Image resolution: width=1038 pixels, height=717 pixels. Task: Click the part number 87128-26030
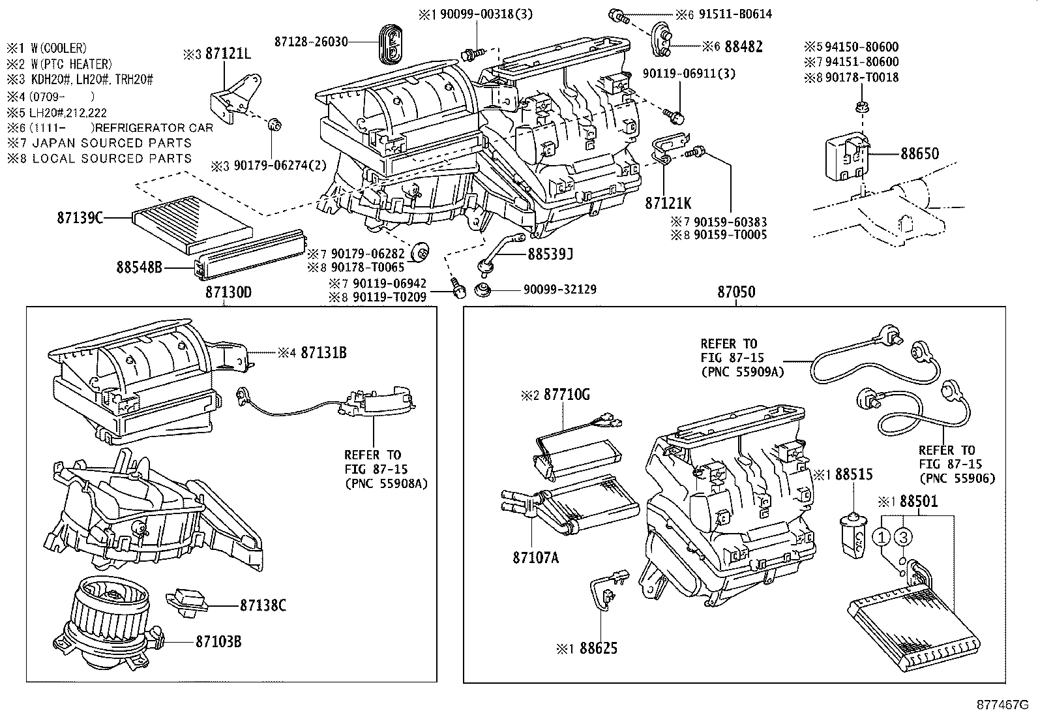coord(311,42)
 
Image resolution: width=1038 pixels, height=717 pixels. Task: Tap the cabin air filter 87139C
coord(192,225)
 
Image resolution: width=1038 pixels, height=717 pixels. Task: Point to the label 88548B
coord(139,267)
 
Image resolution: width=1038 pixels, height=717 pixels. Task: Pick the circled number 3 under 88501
coord(902,537)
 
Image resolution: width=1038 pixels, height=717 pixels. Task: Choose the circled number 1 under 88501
coord(882,537)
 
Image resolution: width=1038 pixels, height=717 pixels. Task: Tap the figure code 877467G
coord(1003,705)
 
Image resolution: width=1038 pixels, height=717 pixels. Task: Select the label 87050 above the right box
coord(736,292)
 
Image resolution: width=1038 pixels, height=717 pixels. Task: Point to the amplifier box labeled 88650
coord(848,159)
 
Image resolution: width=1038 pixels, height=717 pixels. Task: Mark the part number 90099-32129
coord(560,290)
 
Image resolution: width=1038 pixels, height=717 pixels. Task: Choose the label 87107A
coord(536,557)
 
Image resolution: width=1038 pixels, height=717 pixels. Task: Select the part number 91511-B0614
coord(735,14)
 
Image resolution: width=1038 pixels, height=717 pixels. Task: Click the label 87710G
coord(567,395)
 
